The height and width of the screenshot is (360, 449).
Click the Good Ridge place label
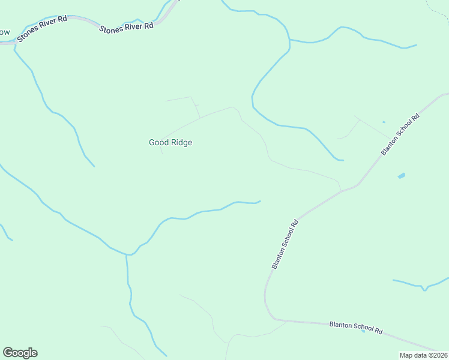170,143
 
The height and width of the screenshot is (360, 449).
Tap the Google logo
20,353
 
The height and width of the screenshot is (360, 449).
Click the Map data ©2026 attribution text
424,355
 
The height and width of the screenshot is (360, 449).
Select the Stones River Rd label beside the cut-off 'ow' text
42,29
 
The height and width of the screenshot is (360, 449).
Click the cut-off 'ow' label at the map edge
5,32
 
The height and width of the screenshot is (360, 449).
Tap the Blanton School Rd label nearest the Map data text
356,328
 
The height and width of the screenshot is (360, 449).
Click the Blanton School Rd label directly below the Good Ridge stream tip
285,244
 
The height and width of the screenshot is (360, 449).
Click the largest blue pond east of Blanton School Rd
401,176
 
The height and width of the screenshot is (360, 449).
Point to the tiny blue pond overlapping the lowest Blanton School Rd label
363,331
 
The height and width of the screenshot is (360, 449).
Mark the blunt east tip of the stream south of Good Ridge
259,201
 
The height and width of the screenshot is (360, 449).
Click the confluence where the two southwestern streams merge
127,254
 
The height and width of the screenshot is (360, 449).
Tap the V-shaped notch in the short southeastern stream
424,289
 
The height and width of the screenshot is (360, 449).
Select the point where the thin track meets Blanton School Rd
342,191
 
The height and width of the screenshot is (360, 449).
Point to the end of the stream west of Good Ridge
94,166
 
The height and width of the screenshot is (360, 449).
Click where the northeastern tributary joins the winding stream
289,41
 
